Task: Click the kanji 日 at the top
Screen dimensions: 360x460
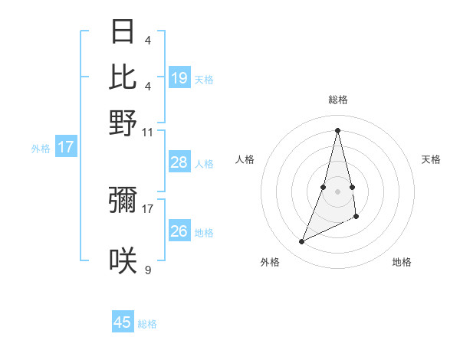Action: [x=123, y=31]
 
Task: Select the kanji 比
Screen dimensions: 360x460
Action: [x=123, y=77]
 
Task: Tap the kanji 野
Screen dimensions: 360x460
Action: [x=123, y=123]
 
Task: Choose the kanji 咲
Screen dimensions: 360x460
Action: [x=123, y=260]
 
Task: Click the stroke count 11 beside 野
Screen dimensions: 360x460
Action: [x=148, y=133]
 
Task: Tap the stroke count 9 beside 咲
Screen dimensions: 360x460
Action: [x=148, y=270]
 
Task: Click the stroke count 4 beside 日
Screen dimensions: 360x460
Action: [x=148, y=41]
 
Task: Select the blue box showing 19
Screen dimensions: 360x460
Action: [x=179, y=78]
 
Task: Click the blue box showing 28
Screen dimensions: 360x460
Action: [x=179, y=162]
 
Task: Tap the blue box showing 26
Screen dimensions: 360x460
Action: [x=179, y=231]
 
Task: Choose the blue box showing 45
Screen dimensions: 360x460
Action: [x=123, y=322]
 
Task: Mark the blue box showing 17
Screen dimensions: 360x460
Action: [x=65, y=147]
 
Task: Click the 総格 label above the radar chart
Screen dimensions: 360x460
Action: [x=338, y=100]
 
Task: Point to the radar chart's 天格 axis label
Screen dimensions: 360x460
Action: [x=431, y=159]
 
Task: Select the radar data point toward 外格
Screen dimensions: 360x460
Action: [x=302, y=242]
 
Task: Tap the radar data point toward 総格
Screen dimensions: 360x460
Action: [x=338, y=129]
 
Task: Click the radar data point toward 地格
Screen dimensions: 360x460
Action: [x=356, y=218]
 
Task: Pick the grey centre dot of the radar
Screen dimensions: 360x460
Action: [x=338, y=191]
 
